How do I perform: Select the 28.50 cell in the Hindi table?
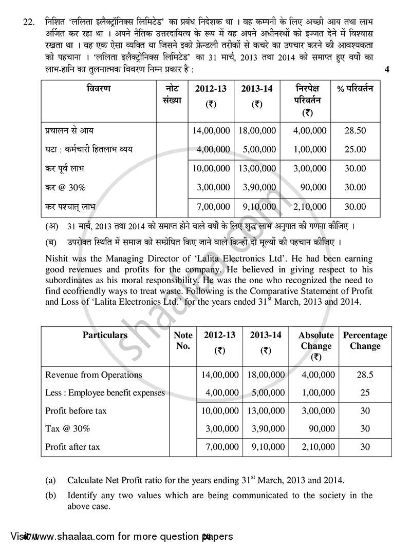(355, 131)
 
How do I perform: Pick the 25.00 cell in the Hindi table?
(355, 149)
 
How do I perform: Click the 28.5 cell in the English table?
(365, 375)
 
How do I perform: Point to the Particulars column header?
(105, 336)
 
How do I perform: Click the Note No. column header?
(183, 341)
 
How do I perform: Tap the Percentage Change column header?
(365, 341)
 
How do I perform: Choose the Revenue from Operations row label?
(94, 375)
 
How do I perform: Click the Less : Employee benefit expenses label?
(105, 392)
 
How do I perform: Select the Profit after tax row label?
(72, 447)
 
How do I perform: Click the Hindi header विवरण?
(98, 89)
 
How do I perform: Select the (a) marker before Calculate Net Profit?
(50, 481)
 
